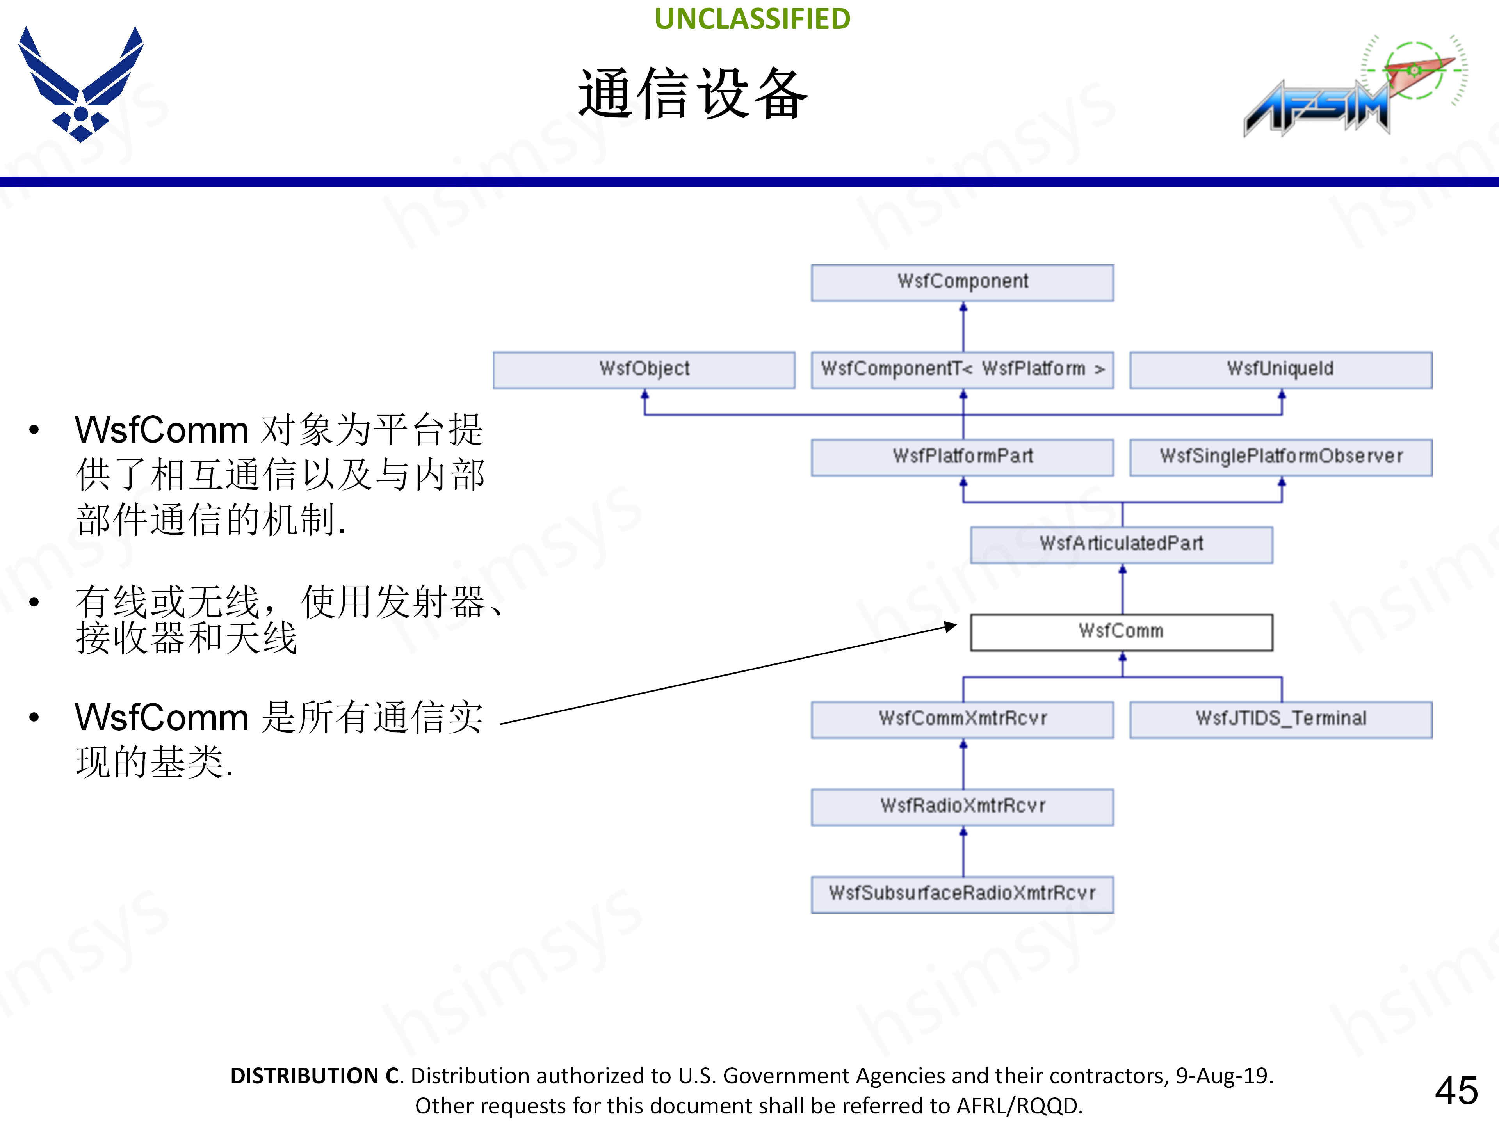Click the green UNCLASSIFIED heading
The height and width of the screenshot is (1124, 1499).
click(752, 19)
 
